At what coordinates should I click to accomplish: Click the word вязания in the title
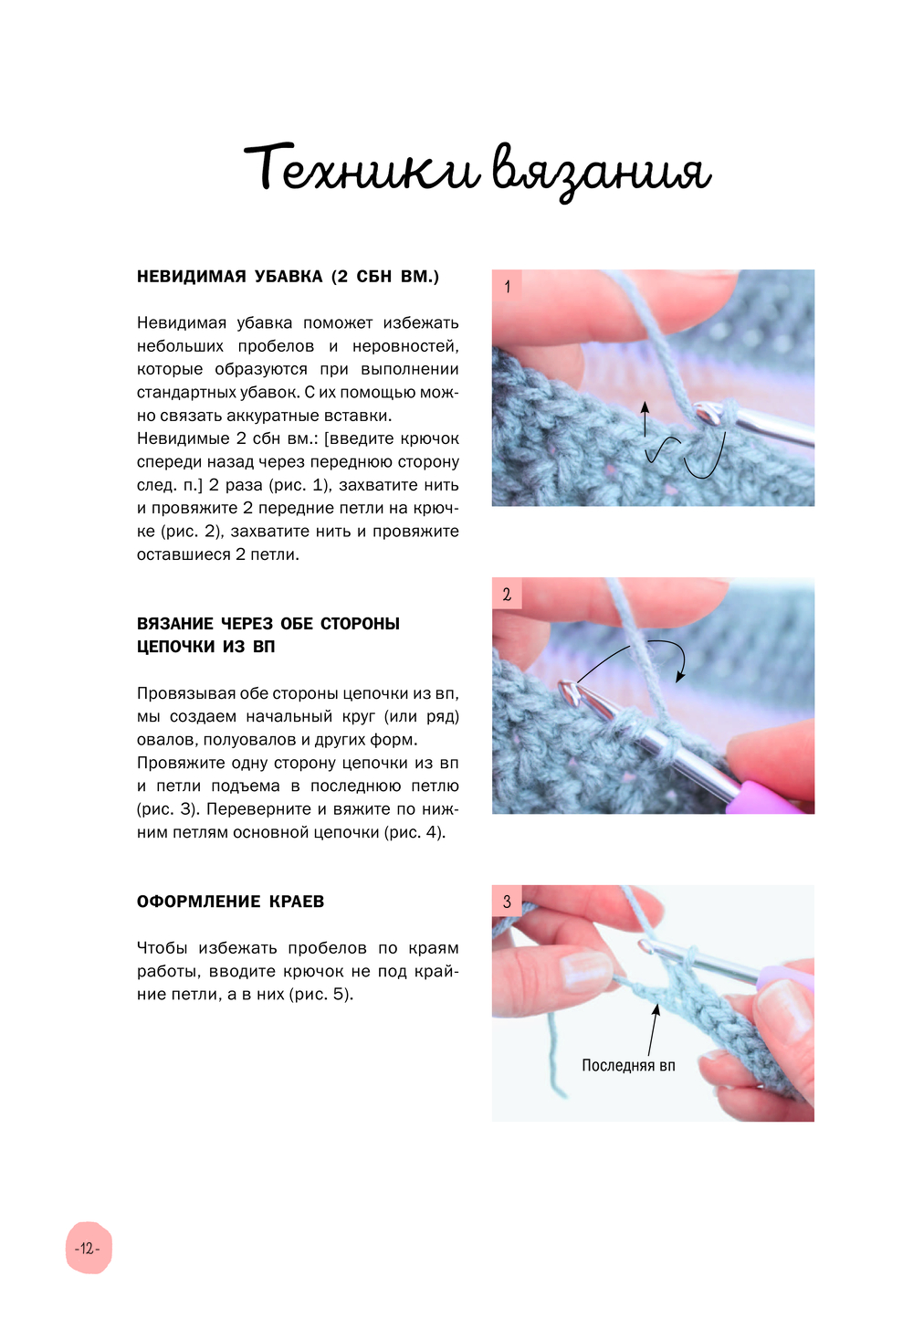click(x=601, y=174)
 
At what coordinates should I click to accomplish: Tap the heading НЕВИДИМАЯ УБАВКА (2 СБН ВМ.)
click(x=288, y=277)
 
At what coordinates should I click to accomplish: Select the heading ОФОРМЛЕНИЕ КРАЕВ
click(x=230, y=901)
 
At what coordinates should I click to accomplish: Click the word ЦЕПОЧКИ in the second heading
click(x=176, y=647)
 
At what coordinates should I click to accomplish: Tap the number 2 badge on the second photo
click(x=507, y=594)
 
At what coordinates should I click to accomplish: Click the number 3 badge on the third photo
click(x=507, y=901)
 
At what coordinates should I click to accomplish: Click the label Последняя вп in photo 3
click(x=628, y=1065)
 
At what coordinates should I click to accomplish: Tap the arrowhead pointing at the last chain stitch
click(x=656, y=1008)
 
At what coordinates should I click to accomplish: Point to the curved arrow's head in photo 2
click(x=680, y=677)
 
